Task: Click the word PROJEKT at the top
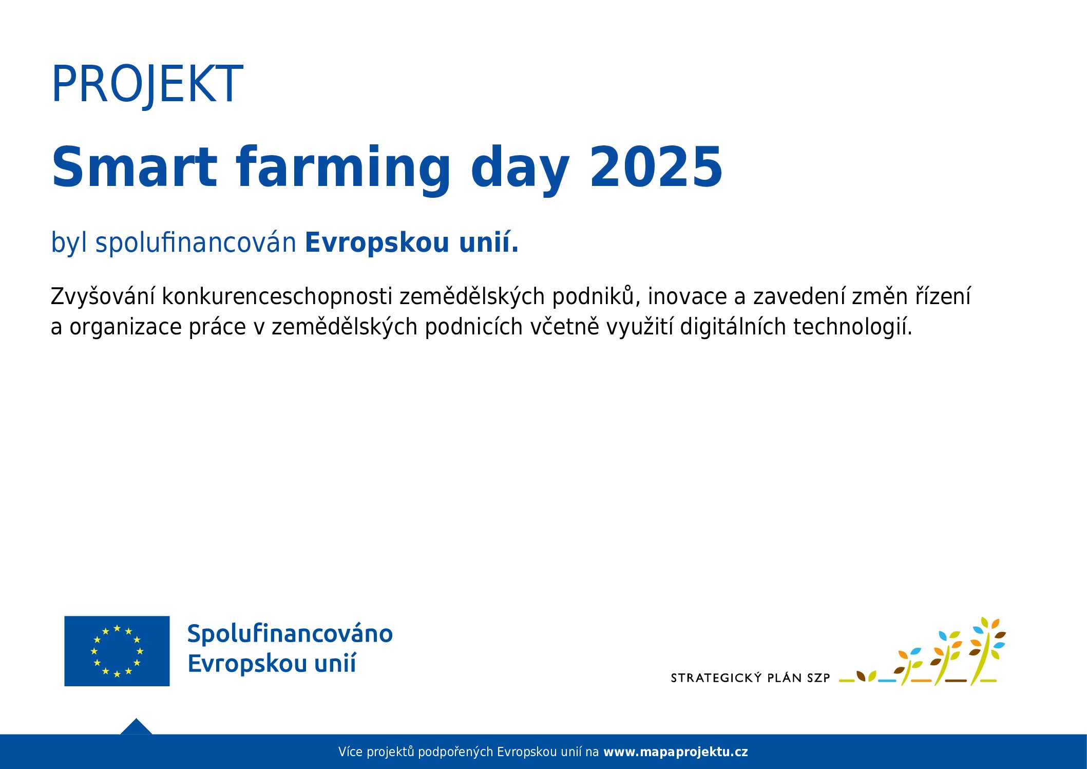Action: click(147, 84)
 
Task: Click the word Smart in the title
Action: click(135, 167)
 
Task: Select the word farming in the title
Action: click(344, 170)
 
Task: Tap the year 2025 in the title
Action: click(656, 167)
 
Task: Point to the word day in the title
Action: click(520, 170)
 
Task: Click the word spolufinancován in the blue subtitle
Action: click(196, 243)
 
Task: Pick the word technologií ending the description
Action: click(853, 327)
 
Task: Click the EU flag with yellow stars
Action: click(117, 651)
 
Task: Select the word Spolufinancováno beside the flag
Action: click(290, 634)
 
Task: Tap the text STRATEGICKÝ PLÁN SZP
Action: click(750, 678)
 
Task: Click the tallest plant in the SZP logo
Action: click(986, 651)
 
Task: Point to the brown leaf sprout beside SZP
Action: click(861, 676)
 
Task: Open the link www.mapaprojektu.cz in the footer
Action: click(676, 752)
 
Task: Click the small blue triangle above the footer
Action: click(136, 726)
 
